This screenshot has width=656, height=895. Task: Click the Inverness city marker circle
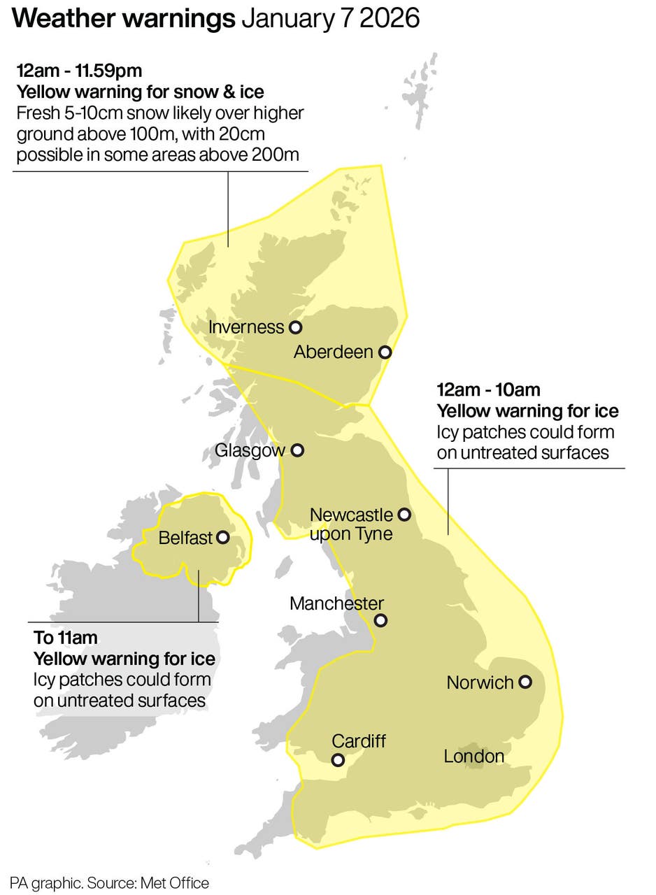295,327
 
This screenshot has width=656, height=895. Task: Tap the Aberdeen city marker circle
384,352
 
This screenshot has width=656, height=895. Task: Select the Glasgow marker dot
297,450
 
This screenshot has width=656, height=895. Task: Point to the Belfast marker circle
223,538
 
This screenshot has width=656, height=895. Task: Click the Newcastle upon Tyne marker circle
404,515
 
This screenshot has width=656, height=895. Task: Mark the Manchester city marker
380,620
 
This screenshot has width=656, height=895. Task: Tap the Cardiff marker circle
338,760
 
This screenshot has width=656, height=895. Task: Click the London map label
473,756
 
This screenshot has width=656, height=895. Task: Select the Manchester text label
336,603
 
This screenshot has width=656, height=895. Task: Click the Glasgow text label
250,450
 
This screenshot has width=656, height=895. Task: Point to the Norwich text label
480,682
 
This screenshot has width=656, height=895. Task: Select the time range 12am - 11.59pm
79,71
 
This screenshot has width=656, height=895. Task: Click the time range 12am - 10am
488,389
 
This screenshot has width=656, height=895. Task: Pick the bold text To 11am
66,638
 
